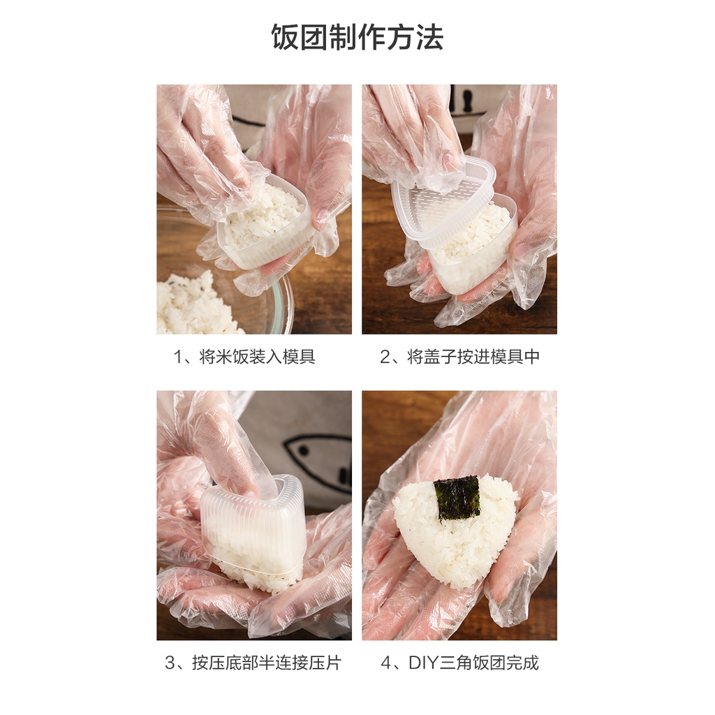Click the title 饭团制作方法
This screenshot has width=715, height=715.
(357, 37)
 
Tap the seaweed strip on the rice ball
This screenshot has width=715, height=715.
(457, 498)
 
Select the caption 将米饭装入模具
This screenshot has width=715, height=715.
(257, 356)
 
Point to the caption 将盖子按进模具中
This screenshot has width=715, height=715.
(473, 356)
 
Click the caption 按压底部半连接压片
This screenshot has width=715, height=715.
(267, 663)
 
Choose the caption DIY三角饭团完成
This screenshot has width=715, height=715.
(474, 663)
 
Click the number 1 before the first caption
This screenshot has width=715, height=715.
(178, 357)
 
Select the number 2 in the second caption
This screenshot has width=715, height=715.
(385, 357)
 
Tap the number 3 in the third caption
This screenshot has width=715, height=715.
(170, 663)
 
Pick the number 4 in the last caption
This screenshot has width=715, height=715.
(386, 663)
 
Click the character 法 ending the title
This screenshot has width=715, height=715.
(429, 37)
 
